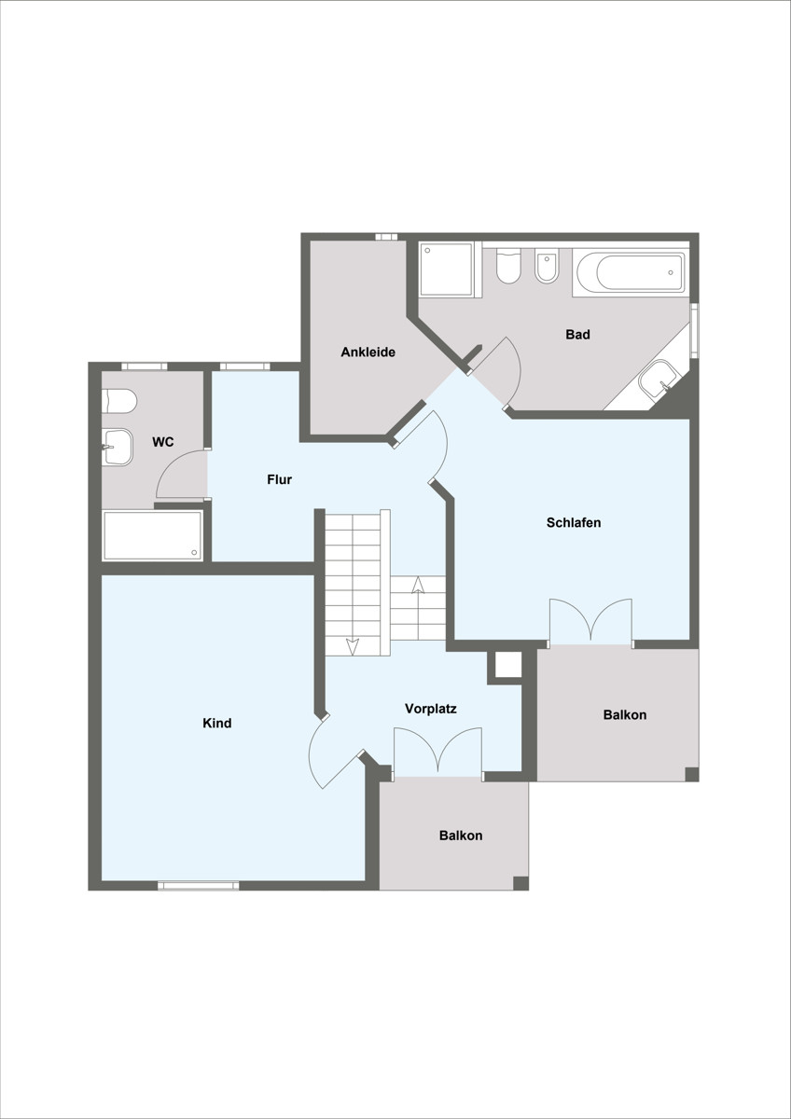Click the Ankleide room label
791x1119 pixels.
pos(368,352)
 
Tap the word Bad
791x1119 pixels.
pos(577,334)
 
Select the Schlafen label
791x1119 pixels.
pos(574,522)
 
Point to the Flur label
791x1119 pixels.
pos(279,479)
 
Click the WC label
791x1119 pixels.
pos(163,442)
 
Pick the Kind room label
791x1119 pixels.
pos(216,723)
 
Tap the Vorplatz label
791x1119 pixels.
pos(431,709)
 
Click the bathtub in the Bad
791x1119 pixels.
pos(631,272)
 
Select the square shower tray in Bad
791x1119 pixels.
pos(446,269)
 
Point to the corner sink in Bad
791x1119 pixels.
pos(659,380)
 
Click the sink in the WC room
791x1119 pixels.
pos(118,447)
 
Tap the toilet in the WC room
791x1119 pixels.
pos(119,402)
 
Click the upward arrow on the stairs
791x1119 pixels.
pos(418,585)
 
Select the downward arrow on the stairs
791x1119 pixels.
pos(353,646)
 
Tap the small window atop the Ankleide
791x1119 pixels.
pos(386,237)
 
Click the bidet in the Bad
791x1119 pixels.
pos(547,267)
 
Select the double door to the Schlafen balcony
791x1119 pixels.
pos(591,620)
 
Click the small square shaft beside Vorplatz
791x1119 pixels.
pos(508,664)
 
